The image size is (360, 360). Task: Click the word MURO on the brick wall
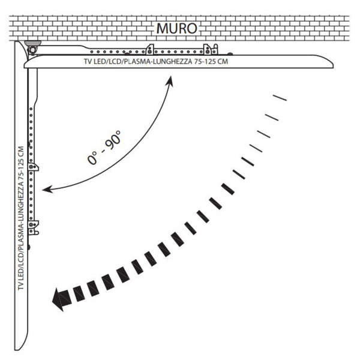pos(176,28)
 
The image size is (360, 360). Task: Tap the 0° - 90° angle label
pos(104,147)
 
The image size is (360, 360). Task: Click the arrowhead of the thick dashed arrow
pos(61,299)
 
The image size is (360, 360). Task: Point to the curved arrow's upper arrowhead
pos(170,80)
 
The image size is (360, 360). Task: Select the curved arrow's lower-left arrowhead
pos(47,190)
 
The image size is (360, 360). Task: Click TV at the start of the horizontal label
pos(88,62)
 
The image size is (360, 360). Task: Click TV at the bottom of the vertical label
pos(21,286)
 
